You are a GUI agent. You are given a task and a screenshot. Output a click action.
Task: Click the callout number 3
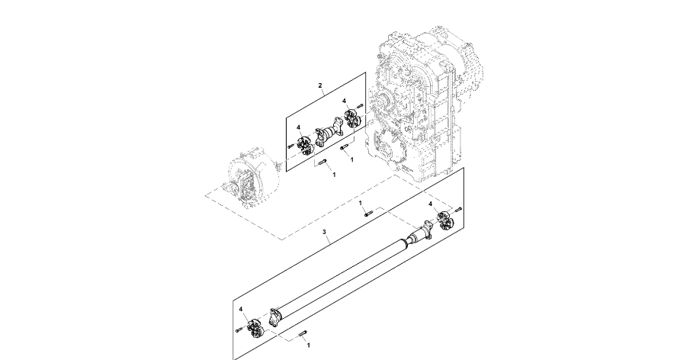(324, 231)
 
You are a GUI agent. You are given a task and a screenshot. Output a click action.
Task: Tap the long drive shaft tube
(343, 275)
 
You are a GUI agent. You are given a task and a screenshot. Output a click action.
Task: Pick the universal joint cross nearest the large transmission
(352, 118)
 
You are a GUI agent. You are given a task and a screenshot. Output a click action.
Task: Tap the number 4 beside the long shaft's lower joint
(242, 310)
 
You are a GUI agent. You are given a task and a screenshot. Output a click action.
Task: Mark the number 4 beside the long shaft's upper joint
(430, 205)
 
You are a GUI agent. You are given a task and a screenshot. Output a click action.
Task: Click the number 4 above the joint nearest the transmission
(344, 101)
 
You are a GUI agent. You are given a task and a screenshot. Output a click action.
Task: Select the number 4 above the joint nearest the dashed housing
(298, 127)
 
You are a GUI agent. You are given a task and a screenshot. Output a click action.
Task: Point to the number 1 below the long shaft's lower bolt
(308, 346)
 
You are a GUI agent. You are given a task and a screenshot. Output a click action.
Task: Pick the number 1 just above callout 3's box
(361, 203)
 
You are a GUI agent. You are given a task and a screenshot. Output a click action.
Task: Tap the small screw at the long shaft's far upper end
(459, 208)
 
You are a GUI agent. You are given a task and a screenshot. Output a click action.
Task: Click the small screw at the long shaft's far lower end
(239, 329)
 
